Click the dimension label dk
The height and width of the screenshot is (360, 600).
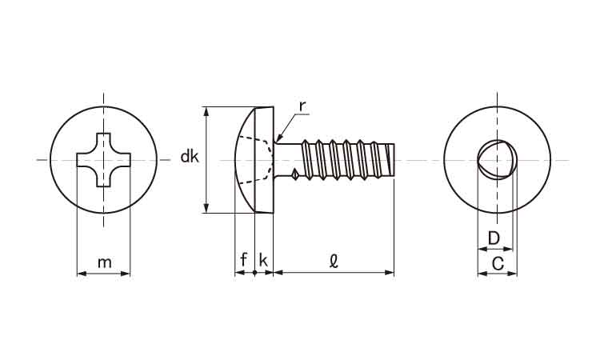point(190,157)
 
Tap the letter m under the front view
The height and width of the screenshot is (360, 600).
point(105,262)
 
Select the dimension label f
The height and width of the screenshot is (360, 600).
point(244,260)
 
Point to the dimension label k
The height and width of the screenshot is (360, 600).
point(263,260)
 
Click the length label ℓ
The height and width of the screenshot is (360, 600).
point(334,261)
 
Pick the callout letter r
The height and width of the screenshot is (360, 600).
point(302,106)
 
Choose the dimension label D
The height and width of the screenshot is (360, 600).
point(494,238)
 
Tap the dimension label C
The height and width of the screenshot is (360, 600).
point(498,263)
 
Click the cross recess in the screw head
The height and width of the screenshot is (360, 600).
point(103,160)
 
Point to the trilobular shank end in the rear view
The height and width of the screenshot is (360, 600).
point(496,158)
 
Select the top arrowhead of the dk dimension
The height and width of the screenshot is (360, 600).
point(206,112)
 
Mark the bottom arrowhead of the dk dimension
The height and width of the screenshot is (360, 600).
point(206,207)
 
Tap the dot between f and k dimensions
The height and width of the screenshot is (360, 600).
point(255,273)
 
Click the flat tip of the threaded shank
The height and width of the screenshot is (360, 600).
point(394,158)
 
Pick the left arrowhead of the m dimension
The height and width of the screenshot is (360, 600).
point(82,274)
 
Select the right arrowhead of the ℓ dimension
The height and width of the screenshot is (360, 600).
point(389,273)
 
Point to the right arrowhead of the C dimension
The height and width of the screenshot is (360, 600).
point(512,274)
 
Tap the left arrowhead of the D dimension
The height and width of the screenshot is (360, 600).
point(482,249)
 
